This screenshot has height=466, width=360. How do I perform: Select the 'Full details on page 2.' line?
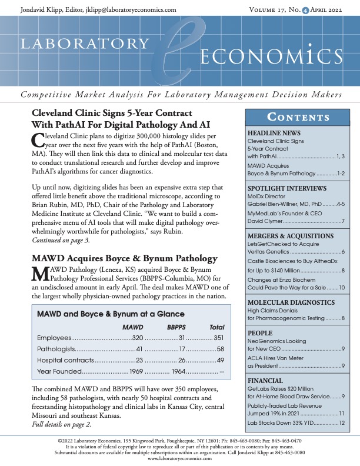(61, 424)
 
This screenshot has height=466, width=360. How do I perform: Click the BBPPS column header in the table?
(178, 325)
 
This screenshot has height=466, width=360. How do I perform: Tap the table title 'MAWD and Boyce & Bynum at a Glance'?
(111, 314)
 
